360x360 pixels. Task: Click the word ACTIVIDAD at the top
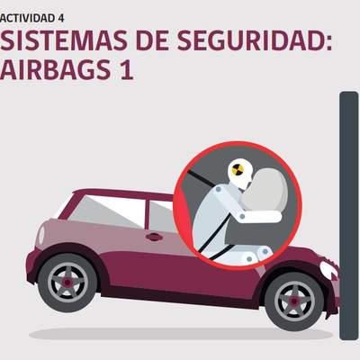[x=27, y=18]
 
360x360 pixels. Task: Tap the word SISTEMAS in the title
[x=64, y=40]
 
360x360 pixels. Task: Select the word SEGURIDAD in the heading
[x=255, y=40]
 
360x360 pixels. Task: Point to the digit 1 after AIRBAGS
[x=126, y=69]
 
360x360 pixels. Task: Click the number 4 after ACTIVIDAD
[x=61, y=18]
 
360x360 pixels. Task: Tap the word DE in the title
[x=152, y=40]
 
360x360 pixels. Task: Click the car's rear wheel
[x=67, y=283]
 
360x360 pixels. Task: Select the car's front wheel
[x=294, y=301]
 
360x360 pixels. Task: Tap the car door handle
[x=154, y=237]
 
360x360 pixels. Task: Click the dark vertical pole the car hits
[x=349, y=216]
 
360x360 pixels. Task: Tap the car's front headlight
[x=329, y=269]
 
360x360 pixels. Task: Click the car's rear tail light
[x=40, y=235]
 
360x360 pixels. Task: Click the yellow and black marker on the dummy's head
[x=237, y=169]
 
